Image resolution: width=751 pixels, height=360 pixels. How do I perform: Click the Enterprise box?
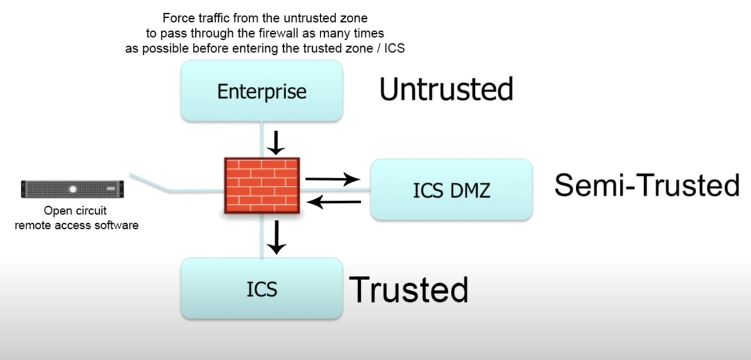[x=262, y=91]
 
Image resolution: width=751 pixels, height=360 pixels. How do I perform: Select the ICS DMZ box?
[x=451, y=190]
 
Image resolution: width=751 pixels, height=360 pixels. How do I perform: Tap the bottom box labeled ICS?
[x=262, y=289]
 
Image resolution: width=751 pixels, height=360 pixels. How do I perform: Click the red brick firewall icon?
[x=262, y=185]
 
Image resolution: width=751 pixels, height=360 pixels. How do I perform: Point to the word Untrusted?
[x=446, y=89]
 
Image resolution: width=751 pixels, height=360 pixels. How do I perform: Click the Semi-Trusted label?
[x=647, y=185]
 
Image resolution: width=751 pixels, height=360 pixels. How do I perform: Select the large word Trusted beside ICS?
[x=409, y=289]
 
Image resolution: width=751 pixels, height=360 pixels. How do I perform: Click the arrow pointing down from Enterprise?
[x=276, y=143]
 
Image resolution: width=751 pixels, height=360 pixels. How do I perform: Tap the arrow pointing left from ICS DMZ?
[x=334, y=202]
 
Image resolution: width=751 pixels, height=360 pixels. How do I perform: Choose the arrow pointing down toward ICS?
[x=276, y=237]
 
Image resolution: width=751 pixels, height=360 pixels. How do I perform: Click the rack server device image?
[x=73, y=189]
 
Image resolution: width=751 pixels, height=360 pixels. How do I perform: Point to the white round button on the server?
[x=73, y=189]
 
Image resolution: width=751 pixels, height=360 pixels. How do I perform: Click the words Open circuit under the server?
[x=75, y=211]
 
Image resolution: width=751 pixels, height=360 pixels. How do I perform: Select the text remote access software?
[x=77, y=224]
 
